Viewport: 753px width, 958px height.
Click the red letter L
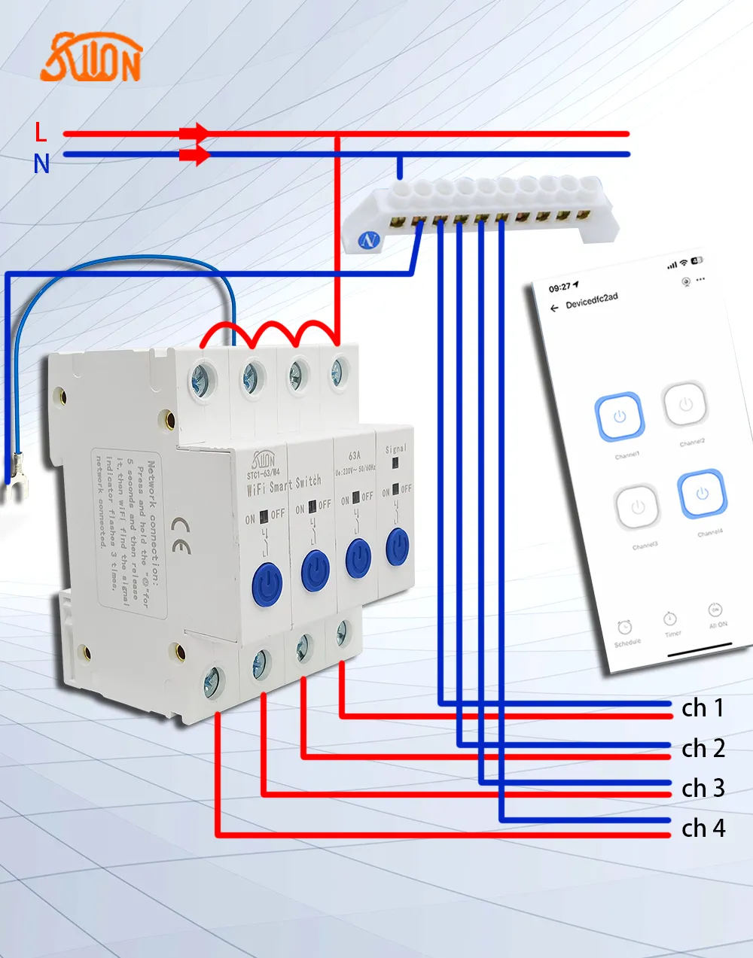tap(41, 132)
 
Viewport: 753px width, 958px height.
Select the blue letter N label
tap(41, 163)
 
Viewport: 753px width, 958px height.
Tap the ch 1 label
tap(703, 708)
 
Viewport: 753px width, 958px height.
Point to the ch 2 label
tap(703, 749)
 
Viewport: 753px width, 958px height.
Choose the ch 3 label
tap(703, 788)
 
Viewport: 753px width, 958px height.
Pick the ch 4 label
tap(703, 829)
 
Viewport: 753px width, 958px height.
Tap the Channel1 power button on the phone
tap(620, 417)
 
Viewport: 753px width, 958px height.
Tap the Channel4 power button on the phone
tap(702, 494)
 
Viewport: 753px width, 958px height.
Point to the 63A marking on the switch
tap(355, 455)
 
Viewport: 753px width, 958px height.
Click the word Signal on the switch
tap(396, 449)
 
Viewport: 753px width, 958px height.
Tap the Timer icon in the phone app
tap(670, 619)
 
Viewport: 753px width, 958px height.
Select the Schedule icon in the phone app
tap(624, 628)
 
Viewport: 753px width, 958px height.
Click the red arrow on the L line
tap(195, 134)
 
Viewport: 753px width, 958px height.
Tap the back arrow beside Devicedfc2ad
tap(554, 308)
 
